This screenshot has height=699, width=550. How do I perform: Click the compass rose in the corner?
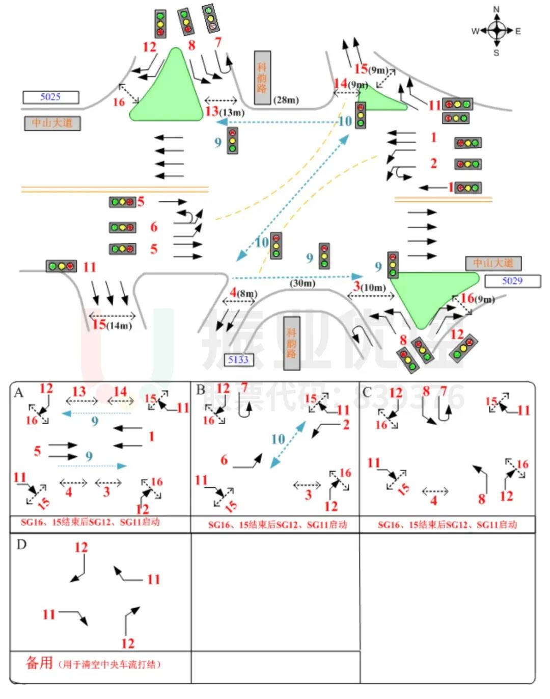497,31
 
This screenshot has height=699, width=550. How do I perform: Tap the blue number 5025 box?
50,97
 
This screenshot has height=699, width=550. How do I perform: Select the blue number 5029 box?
512,281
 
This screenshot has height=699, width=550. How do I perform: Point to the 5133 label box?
238,360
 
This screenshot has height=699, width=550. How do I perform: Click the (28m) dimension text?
286,100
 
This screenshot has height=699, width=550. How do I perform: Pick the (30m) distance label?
302,283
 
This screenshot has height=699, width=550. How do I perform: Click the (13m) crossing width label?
232,112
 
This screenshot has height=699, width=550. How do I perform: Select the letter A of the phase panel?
19,393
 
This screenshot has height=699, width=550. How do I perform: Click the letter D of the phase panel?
21,545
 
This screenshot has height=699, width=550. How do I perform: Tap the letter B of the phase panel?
201,390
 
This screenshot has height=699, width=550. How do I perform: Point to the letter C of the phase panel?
367,392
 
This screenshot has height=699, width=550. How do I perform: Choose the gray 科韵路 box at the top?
262,77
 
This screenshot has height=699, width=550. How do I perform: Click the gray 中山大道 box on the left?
52,123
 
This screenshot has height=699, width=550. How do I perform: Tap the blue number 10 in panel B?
278,438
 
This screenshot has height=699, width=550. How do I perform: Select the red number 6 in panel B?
224,460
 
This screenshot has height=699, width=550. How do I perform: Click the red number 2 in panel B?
346,424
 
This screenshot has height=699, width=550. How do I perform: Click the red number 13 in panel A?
79,391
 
